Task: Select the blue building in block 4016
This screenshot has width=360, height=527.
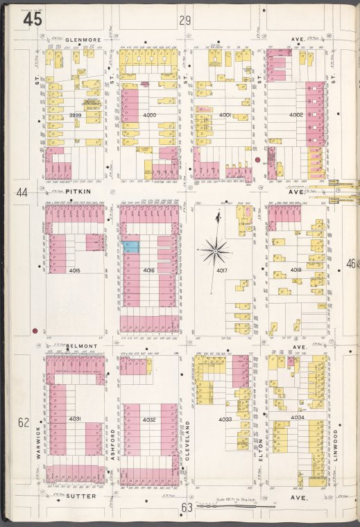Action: coord(131,246)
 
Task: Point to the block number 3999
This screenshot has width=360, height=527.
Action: coord(76,115)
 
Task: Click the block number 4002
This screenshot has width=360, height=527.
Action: coord(296,114)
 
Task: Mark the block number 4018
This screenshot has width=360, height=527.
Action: coord(296,269)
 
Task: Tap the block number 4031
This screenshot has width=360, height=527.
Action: coord(75,419)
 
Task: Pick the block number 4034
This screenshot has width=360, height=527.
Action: coord(297,417)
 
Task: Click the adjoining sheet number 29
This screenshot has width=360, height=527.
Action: coord(185,21)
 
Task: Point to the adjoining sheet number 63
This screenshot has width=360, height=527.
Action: coord(186,508)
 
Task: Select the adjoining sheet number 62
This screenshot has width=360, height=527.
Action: coord(24,422)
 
